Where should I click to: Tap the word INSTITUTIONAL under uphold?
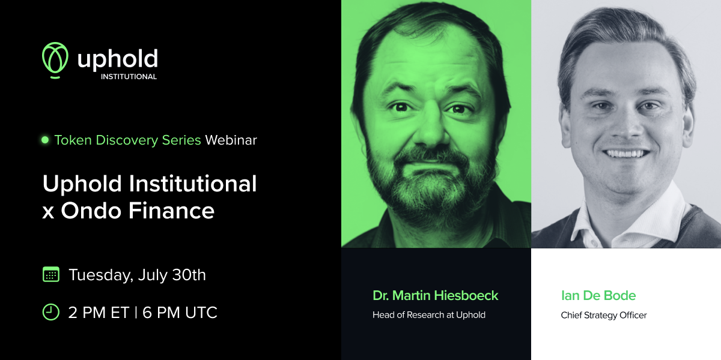click(129, 77)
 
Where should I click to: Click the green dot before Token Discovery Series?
click(45, 140)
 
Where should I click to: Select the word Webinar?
click(231, 140)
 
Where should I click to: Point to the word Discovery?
click(127, 140)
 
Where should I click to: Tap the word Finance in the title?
click(172, 211)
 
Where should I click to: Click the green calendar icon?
click(51, 275)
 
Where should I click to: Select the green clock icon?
click(51, 312)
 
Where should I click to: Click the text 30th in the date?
click(189, 275)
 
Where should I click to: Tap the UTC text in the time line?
click(201, 313)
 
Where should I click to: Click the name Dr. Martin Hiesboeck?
click(435, 295)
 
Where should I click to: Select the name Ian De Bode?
click(598, 295)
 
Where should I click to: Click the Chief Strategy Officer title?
click(603, 316)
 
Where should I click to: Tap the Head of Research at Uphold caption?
click(429, 315)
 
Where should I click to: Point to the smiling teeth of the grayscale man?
click(625, 154)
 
